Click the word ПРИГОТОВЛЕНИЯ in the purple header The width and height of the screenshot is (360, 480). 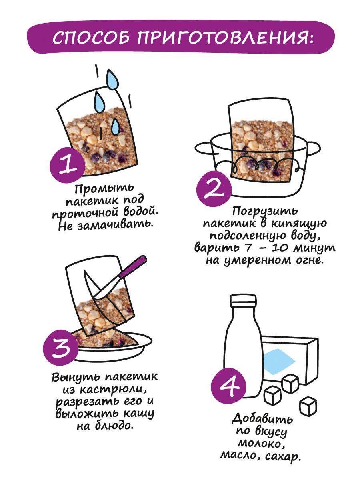pos(225,38)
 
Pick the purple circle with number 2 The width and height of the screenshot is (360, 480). pos(214,189)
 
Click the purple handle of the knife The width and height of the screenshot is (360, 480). pos(133,268)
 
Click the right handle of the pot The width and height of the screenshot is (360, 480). pos(313,148)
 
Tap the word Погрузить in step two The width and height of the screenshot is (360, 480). pos(264,212)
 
